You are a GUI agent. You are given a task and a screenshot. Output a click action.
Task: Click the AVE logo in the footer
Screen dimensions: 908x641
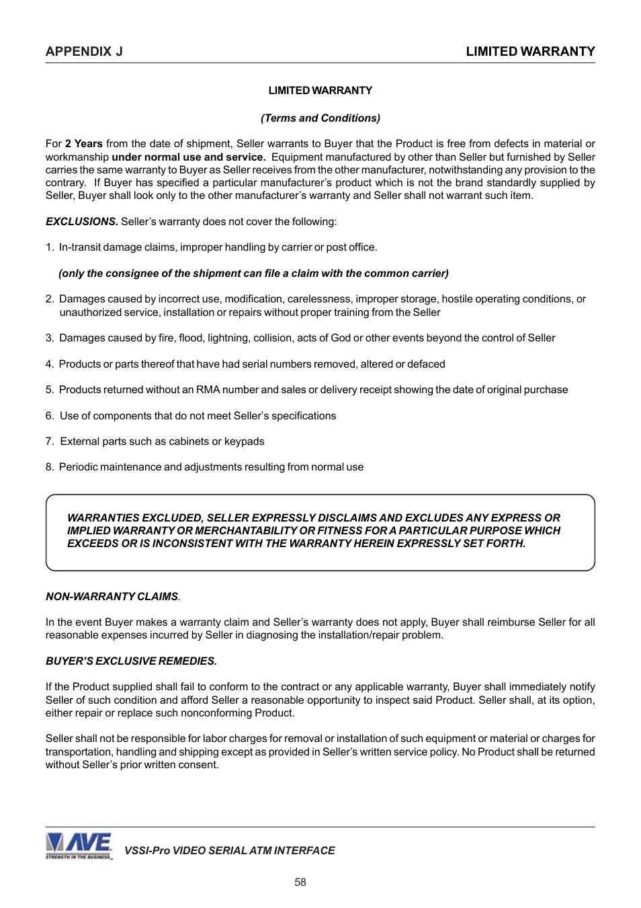click(x=79, y=845)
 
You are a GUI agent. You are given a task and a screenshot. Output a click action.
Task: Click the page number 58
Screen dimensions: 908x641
click(x=300, y=882)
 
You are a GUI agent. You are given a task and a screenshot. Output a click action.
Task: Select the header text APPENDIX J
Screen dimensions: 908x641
click(x=84, y=52)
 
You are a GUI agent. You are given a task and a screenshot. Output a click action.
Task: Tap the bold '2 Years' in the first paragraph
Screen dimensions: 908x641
click(x=84, y=144)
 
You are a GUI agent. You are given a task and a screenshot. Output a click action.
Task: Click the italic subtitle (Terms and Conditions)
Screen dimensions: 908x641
click(x=320, y=118)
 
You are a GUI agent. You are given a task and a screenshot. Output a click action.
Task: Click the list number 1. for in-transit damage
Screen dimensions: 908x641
click(x=50, y=247)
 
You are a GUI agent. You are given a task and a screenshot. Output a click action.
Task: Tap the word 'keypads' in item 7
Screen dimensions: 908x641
click(x=245, y=442)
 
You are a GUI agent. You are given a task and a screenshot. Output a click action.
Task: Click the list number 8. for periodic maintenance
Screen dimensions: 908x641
click(x=50, y=467)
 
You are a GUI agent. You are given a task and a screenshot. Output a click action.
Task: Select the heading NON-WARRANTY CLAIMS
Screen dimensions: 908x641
click(x=112, y=597)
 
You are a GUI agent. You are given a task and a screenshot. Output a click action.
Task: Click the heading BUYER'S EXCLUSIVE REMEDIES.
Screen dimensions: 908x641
click(x=131, y=661)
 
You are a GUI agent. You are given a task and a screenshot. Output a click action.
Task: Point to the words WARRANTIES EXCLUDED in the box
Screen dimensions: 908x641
click(x=134, y=518)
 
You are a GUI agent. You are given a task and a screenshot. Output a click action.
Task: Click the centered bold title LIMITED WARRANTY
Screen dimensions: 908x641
click(x=320, y=91)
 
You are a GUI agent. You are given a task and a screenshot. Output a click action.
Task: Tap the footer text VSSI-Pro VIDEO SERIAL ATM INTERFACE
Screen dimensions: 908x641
click(x=229, y=851)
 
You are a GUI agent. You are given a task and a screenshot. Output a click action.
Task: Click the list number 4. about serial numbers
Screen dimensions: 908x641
click(x=50, y=364)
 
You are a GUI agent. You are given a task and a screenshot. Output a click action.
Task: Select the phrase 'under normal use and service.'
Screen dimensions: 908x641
click(x=188, y=157)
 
